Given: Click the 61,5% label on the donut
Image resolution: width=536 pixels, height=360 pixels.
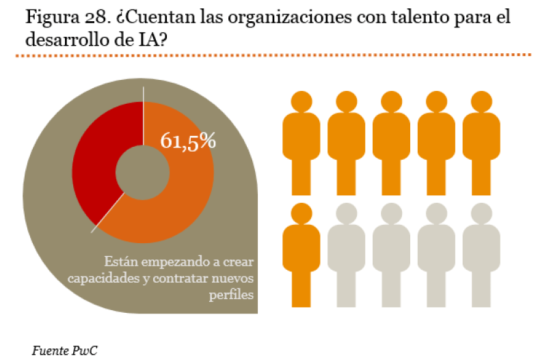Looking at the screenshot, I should click(188, 141).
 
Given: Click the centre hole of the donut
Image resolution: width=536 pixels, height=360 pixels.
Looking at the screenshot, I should click(142, 170).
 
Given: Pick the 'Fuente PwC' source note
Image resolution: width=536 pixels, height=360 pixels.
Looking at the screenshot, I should click(64, 350).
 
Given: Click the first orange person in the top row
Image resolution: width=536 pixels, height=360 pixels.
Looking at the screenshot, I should click(301, 143).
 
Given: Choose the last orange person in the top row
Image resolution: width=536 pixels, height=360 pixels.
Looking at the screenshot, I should click(481, 143).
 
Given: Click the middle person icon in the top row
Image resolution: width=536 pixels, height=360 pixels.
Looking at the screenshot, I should click(391, 143).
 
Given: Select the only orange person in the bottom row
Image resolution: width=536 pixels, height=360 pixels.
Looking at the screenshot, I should click(301, 256).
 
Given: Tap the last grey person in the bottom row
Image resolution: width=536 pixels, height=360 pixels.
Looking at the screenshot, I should click(481, 256).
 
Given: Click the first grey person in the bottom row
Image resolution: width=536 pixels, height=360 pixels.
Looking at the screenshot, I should click(346, 256).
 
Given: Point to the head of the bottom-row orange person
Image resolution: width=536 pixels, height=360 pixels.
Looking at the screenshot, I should click(301, 214).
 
